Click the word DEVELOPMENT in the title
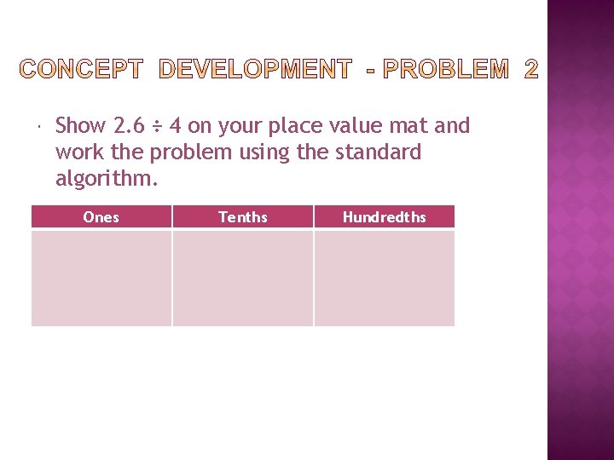(x=253, y=70)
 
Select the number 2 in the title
(x=530, y=70)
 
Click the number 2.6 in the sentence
(x=128, y=126)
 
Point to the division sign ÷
(x=157, y=127)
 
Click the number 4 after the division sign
(x=174, y=126)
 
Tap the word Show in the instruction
(x=80, y=126)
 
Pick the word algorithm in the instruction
(x=107, y=179)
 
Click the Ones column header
(x=101, y=217)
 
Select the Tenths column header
(x=243, y=217)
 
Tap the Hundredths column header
(x=384, y=217)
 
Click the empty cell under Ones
(x=101, y=279)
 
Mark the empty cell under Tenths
(x=243, y=279)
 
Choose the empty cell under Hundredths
(x=384, y=279)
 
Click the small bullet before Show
(x=40, y=127)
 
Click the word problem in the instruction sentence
(x=188, y=152)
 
